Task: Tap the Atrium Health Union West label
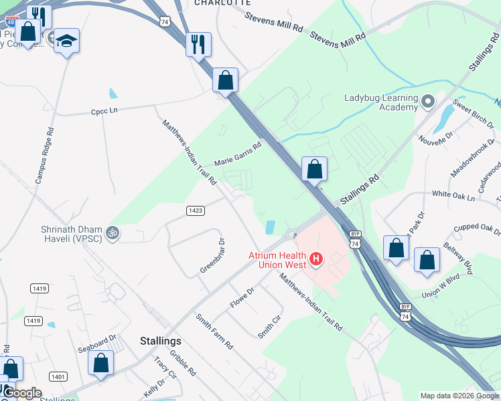[x=277, y=260]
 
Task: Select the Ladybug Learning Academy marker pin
[x=429, y=102]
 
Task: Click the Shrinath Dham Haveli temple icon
[x=114, y=233]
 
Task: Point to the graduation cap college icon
[x=66, y=41]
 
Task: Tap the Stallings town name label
[x=161, y=341]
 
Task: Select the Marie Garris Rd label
[x=237, y=153]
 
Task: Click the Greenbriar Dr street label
[x=212, y=257]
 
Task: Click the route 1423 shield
[x=195, y=211]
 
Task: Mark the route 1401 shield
[x=58, y=377]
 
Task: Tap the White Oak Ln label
[x=453, y=196]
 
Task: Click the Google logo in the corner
[x=22, y=393]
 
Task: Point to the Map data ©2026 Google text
[x=459, y=396]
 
